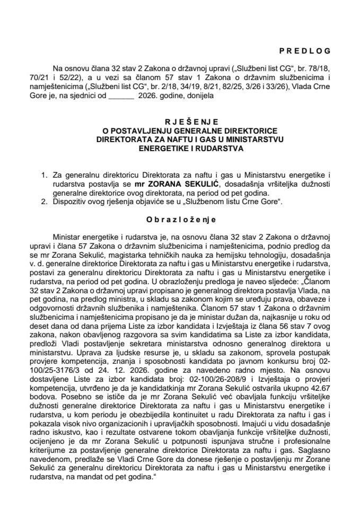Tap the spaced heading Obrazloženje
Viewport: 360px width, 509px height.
[180, 220]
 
